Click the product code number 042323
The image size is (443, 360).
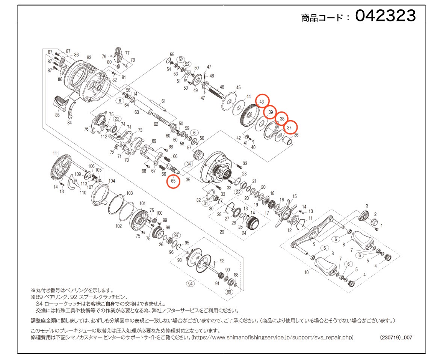(x=386, y=15)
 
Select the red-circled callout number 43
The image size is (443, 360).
(x=262, y=102)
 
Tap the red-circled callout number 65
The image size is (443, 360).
(x=173, y=181)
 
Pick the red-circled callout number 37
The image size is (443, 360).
(x=289, y=128)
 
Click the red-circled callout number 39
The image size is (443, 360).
(x=271, y=112)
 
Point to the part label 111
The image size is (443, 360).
(x=56, y=153)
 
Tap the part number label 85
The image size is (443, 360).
(x=57, y=115)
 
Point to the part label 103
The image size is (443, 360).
(x=129, y=193)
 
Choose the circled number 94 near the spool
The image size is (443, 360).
(x=191, y=283)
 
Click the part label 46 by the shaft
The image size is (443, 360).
(x=222, y=87)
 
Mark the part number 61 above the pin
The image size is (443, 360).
(x=163, y=101)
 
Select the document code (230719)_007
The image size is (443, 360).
(x=396, y=337)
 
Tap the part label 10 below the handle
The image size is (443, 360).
(x=307, y=272)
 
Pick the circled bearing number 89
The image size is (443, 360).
(x=229, y=292)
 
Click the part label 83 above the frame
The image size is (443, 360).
(x=89, y=57)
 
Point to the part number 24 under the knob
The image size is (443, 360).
(x=244, y=233)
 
